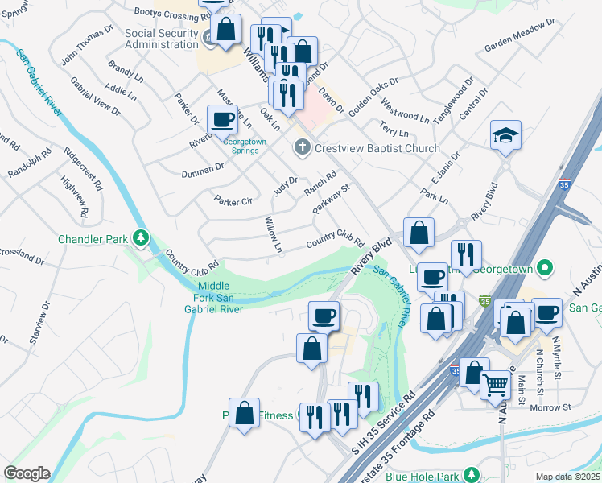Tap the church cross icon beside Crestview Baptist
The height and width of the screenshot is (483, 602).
pos(302,147)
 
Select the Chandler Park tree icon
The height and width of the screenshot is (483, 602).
pos(141,237)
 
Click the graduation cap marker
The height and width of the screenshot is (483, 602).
pos(506,134)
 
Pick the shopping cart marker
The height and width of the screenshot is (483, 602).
pos(496,385)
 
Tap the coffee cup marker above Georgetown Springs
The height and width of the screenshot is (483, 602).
pos(222,120)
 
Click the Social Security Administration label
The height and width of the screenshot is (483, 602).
pos(161,39)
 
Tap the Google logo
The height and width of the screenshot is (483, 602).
pos(27,473)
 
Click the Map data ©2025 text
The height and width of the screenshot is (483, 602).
pos(567,477)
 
